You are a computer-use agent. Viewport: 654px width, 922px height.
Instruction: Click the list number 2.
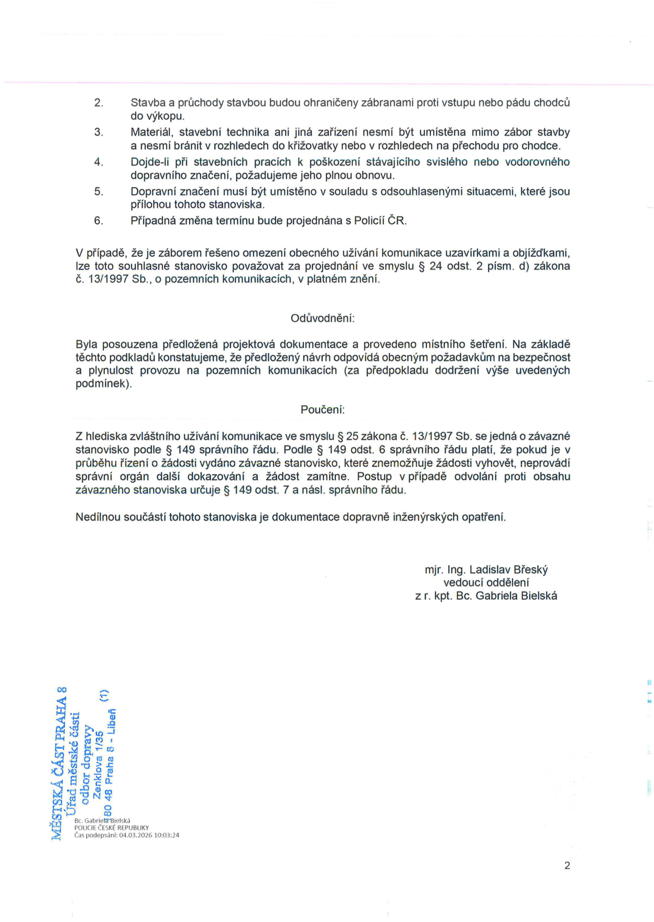[x=99, y=103]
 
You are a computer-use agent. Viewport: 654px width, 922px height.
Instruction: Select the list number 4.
[x=99, y=162]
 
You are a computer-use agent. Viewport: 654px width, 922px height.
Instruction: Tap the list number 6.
[x=99, y=221]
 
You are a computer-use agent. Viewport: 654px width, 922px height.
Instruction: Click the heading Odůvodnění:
[x=323, y=318]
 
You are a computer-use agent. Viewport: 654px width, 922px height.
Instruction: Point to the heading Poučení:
[x=323, y=410]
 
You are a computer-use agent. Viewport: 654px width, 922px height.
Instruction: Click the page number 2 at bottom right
[x=567, y=865]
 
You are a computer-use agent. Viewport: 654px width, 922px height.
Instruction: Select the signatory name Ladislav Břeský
[x=508, y=570]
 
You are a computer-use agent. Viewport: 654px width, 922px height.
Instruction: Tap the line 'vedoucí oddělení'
[x=486, y=583]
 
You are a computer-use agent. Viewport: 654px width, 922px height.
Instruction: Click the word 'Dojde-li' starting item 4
[x=150, y=162]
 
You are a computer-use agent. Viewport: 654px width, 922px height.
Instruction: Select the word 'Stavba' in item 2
[x=148, y=103]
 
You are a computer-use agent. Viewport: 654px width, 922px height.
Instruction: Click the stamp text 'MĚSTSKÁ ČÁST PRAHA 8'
[x=58, y=763]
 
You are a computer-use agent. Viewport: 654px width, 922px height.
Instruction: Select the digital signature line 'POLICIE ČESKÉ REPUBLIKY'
[x=111, y=828]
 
